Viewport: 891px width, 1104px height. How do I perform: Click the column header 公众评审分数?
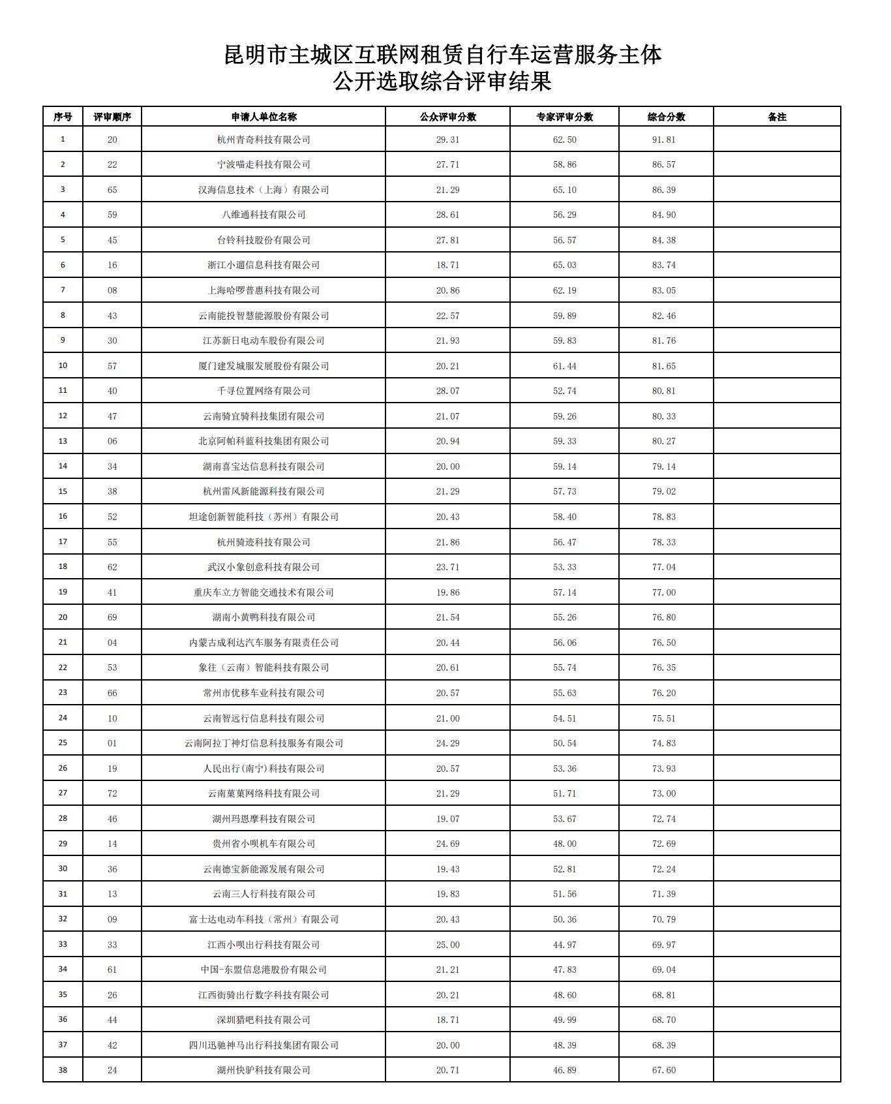pos(447,117)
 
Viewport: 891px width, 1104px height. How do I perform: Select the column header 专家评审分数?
pos(564,117)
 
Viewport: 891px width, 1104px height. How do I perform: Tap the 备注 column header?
pos(777,117)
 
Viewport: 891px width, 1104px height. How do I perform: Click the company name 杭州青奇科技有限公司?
pos(264,140)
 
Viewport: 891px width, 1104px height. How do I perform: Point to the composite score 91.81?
pos(664,140)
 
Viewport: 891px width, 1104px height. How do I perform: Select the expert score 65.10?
pos(564,190)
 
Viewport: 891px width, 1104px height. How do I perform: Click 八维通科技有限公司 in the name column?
pos(264,215)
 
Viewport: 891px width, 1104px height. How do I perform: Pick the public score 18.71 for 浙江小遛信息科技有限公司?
pos(447,265)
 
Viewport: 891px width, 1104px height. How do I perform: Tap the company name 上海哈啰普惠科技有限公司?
pos(264,290)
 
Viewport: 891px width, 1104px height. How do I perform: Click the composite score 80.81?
pos(664,391)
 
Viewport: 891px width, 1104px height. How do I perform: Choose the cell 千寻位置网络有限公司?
pos(264,391)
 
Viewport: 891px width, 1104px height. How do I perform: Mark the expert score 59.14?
pos(564,467)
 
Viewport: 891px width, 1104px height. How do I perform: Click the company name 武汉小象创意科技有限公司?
pos(264,567)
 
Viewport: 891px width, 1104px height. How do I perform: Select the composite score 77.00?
pos(664,592)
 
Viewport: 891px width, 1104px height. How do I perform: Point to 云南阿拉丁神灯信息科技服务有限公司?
pos(264,743)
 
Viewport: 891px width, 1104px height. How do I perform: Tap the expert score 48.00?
pos(564,844)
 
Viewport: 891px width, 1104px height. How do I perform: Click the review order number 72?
pos(112,793)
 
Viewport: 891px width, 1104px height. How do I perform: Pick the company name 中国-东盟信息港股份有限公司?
pos(264,970)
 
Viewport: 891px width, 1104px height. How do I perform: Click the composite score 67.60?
pos(664,1070)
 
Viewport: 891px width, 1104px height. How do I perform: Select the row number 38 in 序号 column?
pos(63,1070)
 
